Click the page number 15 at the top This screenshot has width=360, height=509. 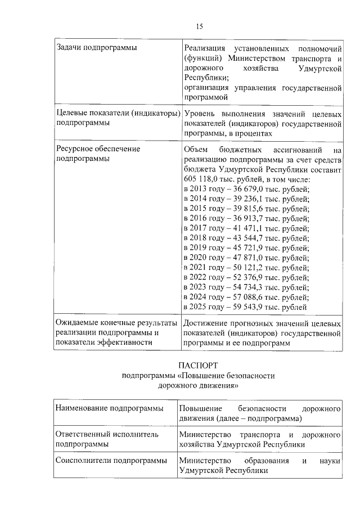coord(199,26)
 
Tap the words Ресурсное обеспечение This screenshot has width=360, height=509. coord(98,149)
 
